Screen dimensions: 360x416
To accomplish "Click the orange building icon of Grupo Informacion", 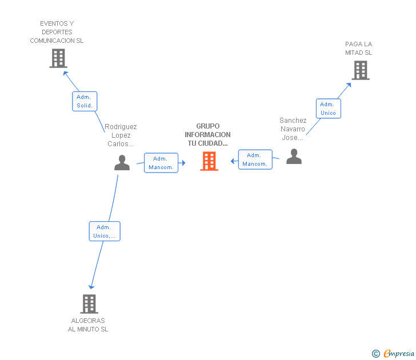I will point(209,161).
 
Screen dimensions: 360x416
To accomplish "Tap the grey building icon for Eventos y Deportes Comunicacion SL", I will point(58,58).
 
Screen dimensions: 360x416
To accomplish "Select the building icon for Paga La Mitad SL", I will point(360,70).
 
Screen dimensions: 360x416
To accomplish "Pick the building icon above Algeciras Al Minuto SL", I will point(89,303).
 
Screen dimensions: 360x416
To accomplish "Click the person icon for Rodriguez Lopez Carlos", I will point(122,163).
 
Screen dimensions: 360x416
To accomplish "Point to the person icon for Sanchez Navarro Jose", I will point(294,157).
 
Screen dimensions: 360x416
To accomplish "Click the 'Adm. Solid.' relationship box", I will point(85,101).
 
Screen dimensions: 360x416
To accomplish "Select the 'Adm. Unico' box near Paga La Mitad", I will point(328,109).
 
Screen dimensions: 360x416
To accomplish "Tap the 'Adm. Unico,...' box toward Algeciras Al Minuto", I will point(105,231).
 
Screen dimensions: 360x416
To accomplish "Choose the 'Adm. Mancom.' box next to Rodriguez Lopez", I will point(161,163).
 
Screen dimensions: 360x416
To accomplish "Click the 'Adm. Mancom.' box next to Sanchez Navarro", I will point(255,159).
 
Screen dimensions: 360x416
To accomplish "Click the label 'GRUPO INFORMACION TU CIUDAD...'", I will point(207,135).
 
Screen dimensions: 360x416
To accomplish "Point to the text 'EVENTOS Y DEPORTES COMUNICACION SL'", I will point(57,33).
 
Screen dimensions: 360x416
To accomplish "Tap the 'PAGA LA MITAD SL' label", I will point(358,49).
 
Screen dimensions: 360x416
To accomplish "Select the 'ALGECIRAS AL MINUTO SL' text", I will point(88,325).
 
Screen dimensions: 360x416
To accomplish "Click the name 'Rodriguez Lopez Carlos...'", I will point(121,135).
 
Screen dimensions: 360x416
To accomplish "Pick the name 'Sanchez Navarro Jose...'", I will point(293,129).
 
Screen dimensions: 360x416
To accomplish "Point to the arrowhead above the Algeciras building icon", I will point(90,287).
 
